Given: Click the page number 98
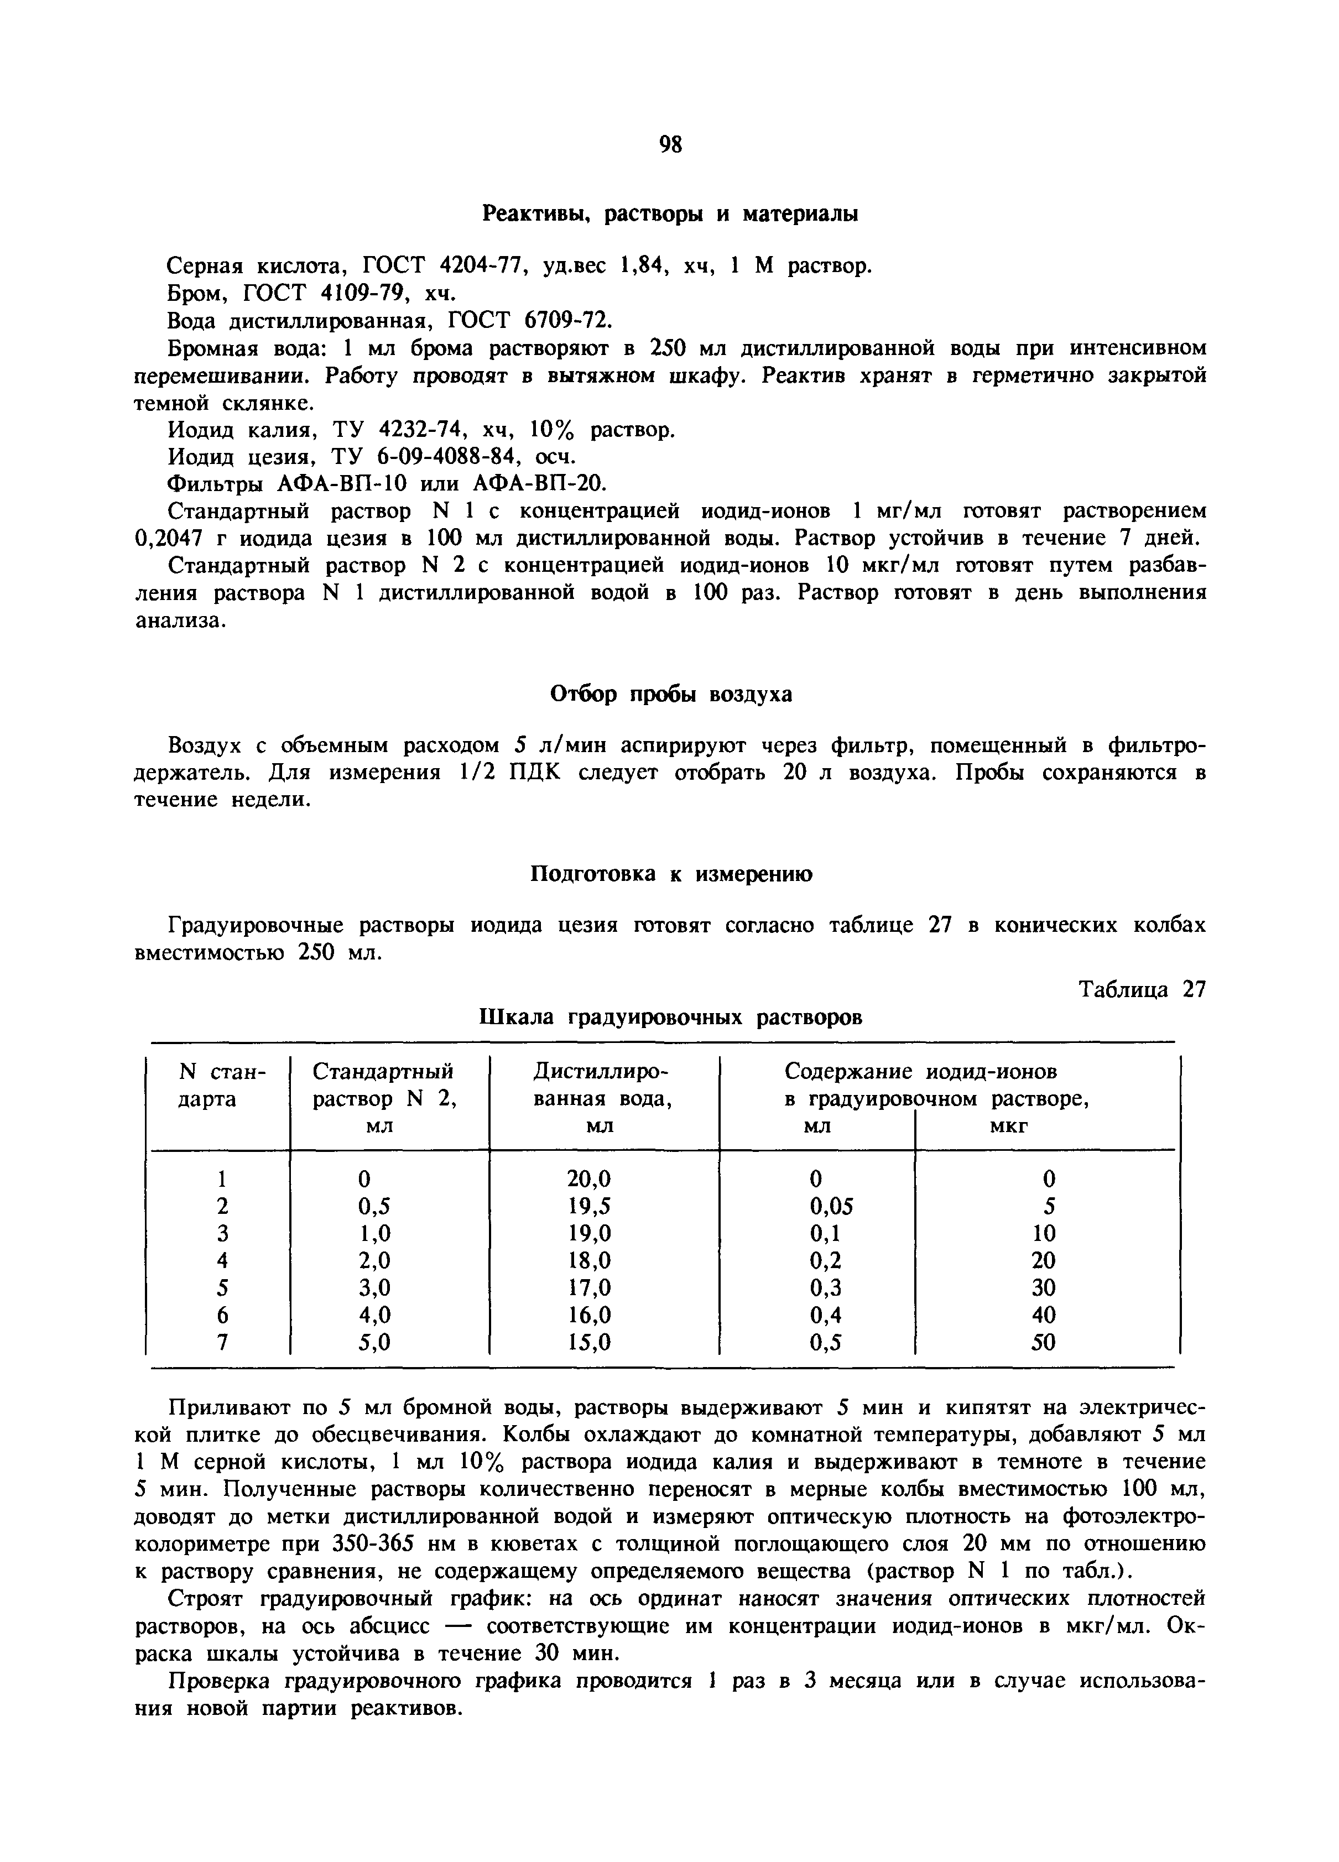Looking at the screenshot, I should (670, 144).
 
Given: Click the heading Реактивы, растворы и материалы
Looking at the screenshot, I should (669, 214).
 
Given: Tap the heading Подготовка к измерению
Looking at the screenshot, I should (669, 874).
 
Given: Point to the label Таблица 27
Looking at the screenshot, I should (1142, 989).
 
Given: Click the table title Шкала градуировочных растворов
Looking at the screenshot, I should (670, 1017).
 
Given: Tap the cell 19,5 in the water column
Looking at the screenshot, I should (588, 1206).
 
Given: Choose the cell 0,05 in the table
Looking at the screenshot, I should (831, 1206).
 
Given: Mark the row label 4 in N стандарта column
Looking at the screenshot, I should (221, 1261).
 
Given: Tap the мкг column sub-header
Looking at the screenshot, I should (1009, 1127).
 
